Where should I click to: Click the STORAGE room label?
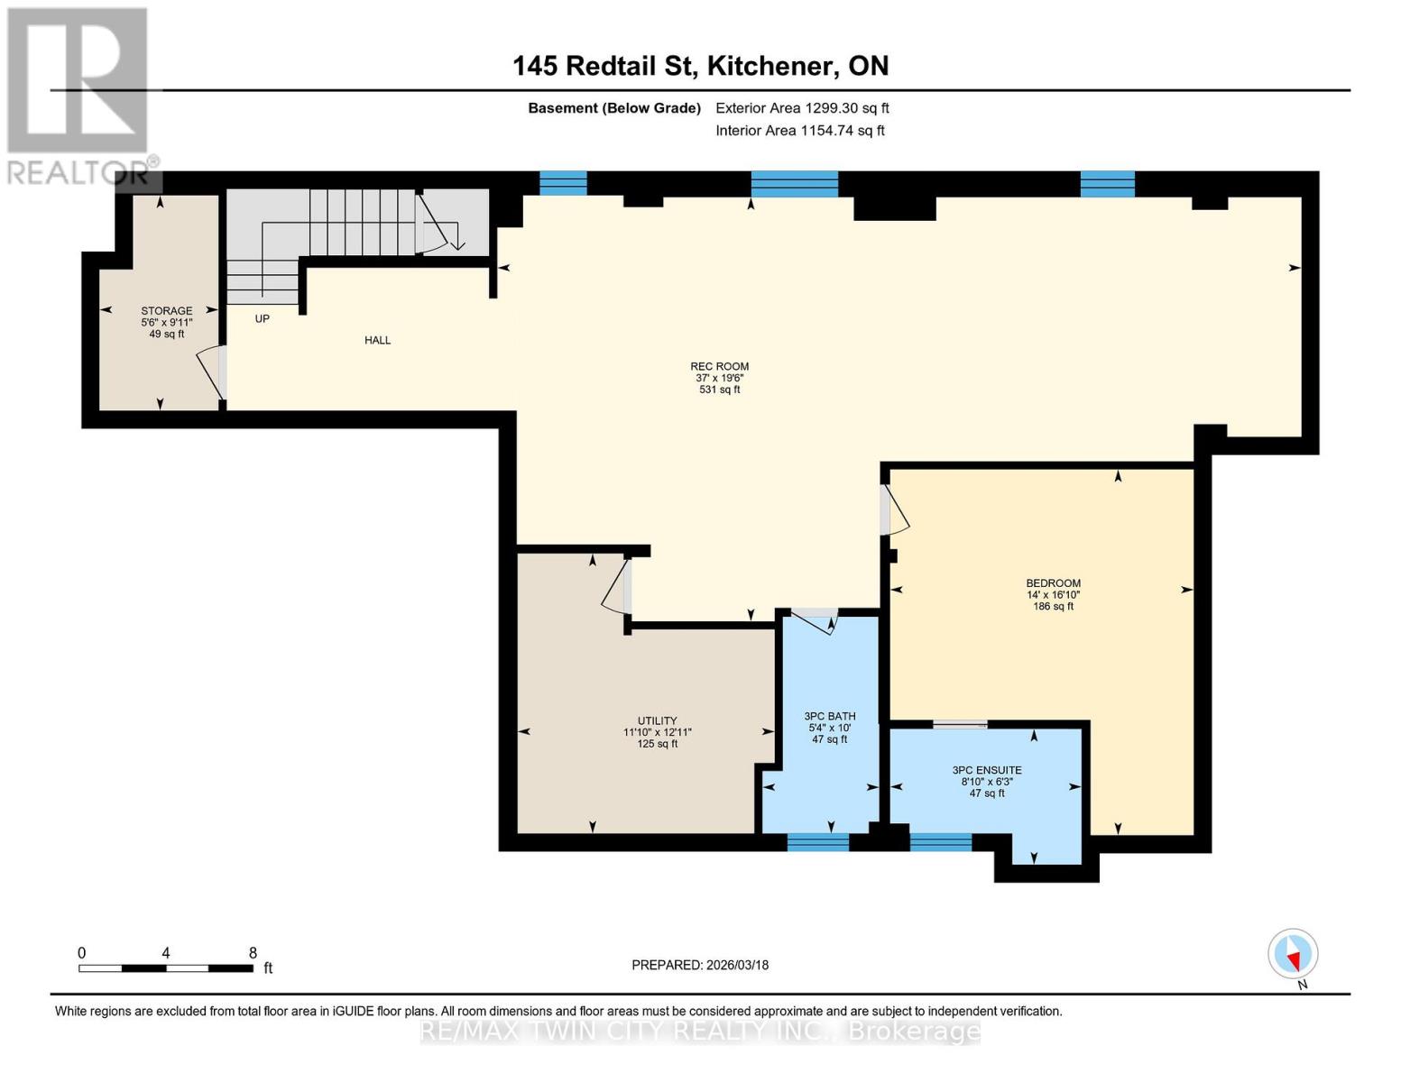pos(166,311)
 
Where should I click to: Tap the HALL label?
pos(377,340)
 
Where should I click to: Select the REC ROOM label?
pos(719,367)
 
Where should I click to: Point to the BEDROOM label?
pos(1053,583)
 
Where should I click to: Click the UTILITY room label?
pos(657,720)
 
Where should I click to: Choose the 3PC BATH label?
pos(829,717)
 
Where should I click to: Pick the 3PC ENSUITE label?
pos(987,771)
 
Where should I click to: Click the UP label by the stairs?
pos(262,318)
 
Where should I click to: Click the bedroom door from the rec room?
pos(895,512)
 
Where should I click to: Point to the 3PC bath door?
pos(815,620)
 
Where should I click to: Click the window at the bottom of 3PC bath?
pos(817,842)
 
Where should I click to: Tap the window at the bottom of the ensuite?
pos(940,842)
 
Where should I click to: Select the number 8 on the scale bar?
pos(253,953)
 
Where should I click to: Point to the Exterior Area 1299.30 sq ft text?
pos(802,108)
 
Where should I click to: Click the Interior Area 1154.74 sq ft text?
pos(799,131)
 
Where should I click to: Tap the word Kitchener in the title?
pos(771,66)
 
